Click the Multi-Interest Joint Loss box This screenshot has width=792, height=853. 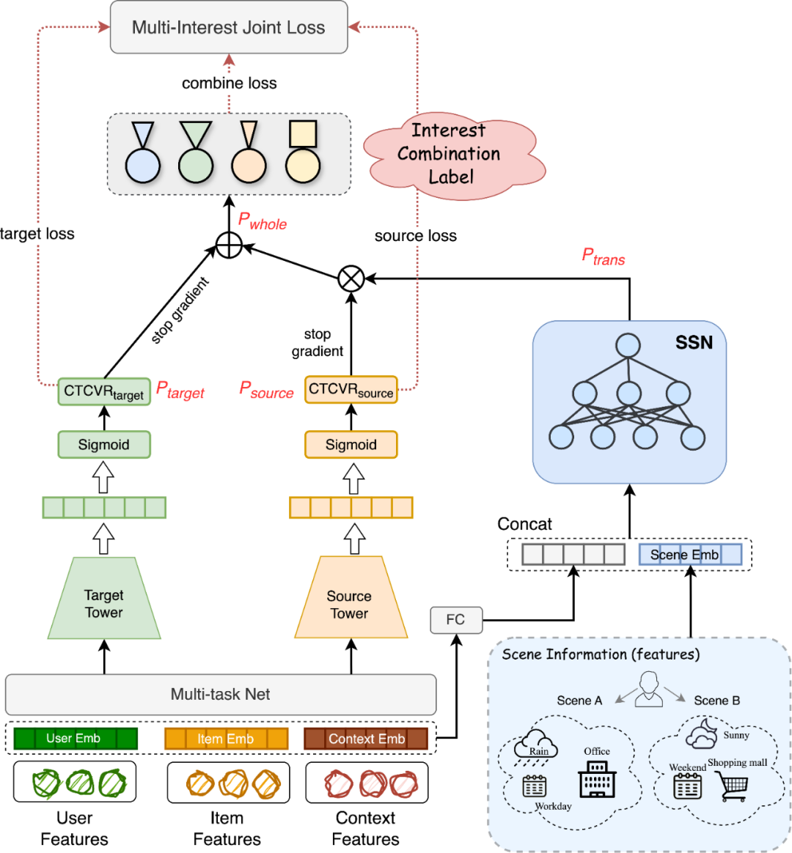229,27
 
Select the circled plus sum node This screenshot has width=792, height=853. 229,245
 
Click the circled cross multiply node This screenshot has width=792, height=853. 351,279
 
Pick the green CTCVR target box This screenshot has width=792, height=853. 104,391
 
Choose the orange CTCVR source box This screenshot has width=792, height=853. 351,390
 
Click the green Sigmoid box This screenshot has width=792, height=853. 104,445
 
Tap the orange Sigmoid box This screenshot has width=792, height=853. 351,445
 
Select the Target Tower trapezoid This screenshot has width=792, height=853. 104,599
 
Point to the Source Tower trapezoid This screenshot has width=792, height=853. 351,597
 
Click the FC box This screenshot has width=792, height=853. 456,620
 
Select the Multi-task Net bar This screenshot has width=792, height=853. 221,695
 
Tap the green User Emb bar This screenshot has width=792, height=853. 76,739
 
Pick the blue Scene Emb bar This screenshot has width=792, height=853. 689,555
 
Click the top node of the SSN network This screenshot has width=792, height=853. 628,345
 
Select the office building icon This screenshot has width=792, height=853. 597,779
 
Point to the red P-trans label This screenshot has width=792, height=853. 603,256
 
